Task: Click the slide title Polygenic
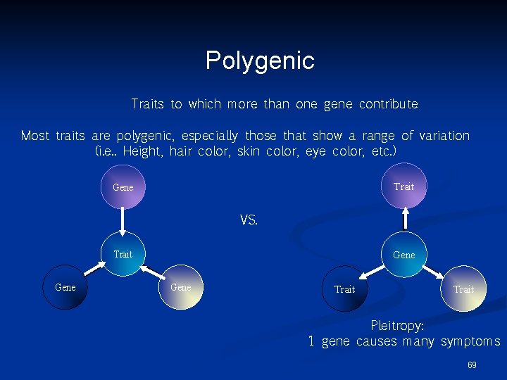click(x=260, y=61)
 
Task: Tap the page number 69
click(x=472, y=365)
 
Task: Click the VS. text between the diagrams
click(x=249, y=220)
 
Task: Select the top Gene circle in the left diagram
click(x=123, y=187)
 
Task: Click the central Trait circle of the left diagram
click(x=123, y=254)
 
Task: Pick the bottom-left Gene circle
click(x=65, y=287)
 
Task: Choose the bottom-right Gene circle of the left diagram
click(x=180, y=287)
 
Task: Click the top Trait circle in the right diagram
click(x=403, y=186)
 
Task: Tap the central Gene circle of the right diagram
click(x=403, y=255)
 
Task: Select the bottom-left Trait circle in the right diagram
click(x=345, y=289)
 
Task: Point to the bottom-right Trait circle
click(x=463, y=289)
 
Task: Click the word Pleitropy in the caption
click(x=396, y=327)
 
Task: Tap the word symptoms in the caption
click(x=470, y=343)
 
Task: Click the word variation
click(x=444, y=136)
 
